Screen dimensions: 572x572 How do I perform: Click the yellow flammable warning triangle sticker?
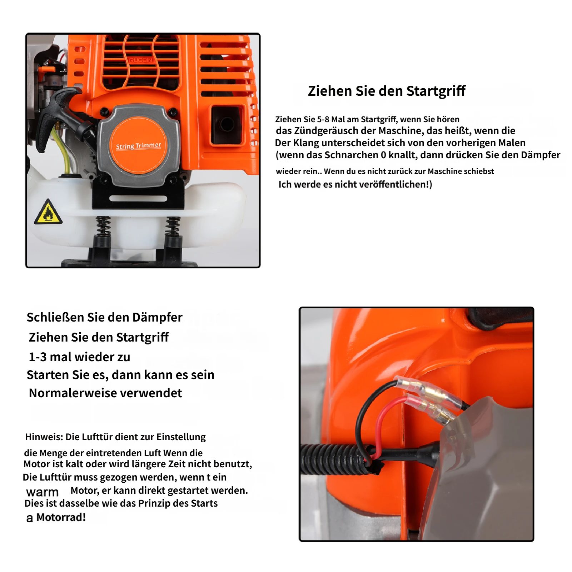click(x=48, y=213)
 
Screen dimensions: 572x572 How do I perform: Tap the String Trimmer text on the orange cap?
click(x=138, y=146)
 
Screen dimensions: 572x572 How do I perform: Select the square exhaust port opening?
click(x=227, y=125)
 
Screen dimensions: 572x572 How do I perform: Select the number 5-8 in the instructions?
click(x=323, y=119)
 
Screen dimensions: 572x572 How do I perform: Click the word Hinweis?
click(x=44, y=437)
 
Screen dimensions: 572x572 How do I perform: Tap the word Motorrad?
click(x=61, y=517)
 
